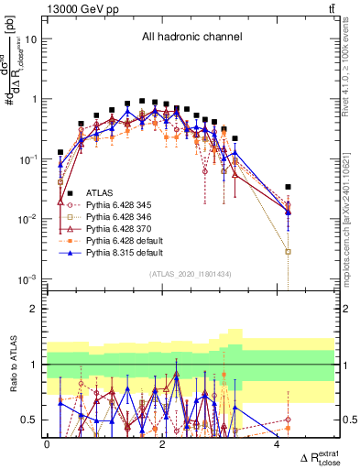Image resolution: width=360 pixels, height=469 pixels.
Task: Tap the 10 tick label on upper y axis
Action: click(31, 39)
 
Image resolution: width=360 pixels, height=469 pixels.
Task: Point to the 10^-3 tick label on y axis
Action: click(27, 278)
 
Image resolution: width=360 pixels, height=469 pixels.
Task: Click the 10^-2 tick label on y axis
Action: click(27, 219)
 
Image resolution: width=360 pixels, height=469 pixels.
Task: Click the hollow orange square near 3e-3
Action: click(289, 251)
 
